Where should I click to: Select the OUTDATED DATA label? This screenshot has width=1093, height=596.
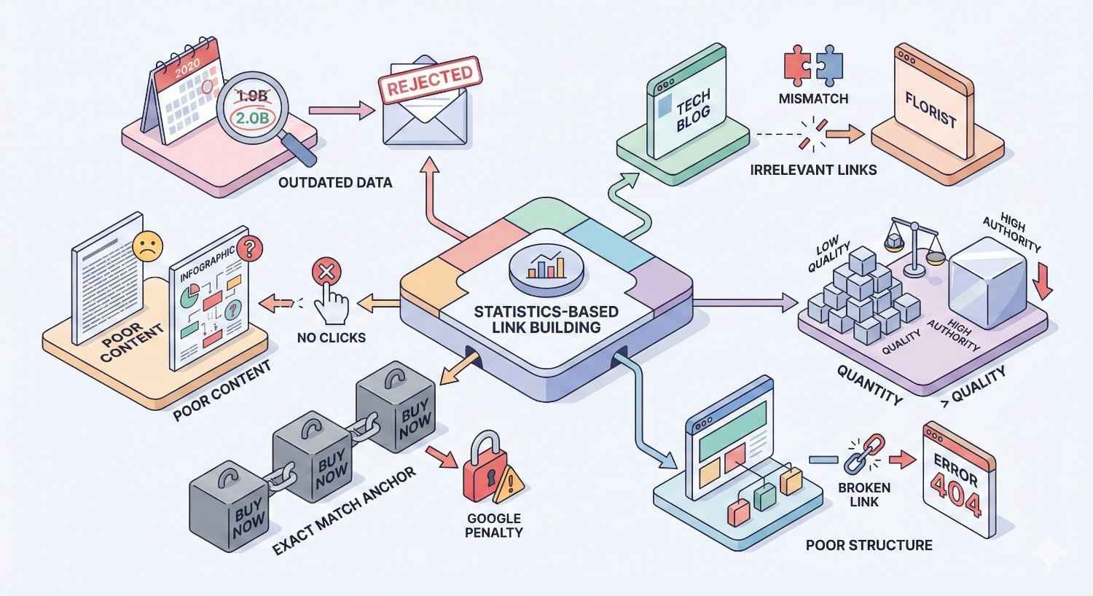click(x=335, y=182)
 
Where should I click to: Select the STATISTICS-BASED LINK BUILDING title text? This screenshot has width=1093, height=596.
click(x=546, y=319)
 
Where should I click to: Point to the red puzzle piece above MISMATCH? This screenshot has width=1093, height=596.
click(x=795, y=64)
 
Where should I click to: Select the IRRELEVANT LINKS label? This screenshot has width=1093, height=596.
click(x=813, y=170)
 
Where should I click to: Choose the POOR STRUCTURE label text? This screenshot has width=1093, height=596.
click(x=869, y=544)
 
